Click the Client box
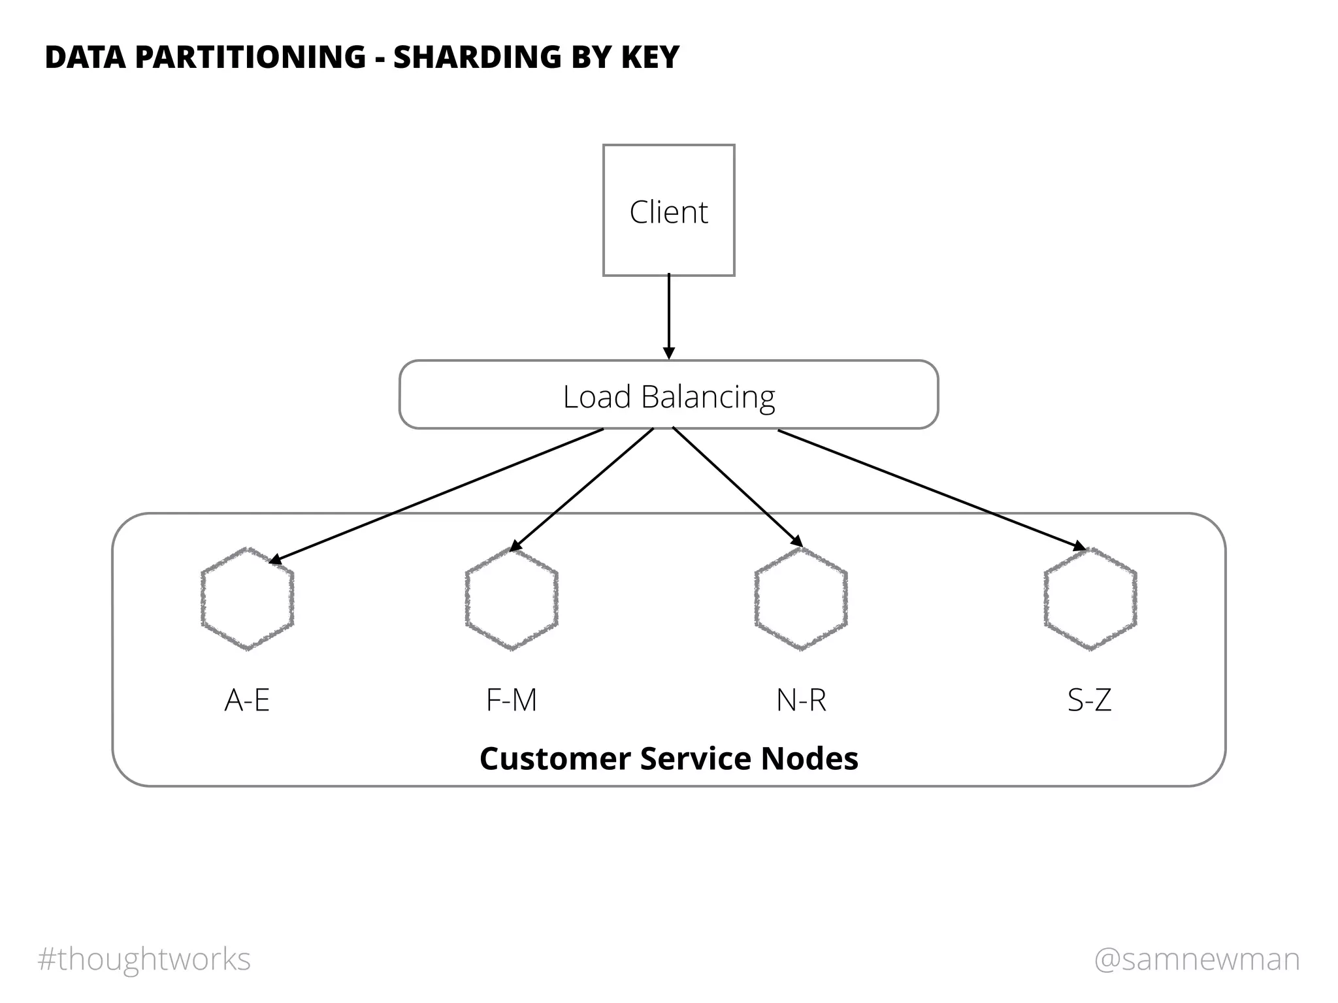point(668,210)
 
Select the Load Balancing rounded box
point(668,395)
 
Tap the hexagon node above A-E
point(247,599)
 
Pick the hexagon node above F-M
point(512,599)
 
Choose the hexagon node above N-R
point(801,599)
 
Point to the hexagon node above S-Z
point(1090,599)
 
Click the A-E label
point(247,700)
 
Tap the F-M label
point(512,700)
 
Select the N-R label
point(801,700)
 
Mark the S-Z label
point(1089,700)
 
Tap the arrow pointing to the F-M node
point(581,490)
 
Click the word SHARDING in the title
point(476,57)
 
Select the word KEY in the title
point(650,57)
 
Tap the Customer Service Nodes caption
point(668,759)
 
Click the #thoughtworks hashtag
point(144,959)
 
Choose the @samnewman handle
point(1197,959)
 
